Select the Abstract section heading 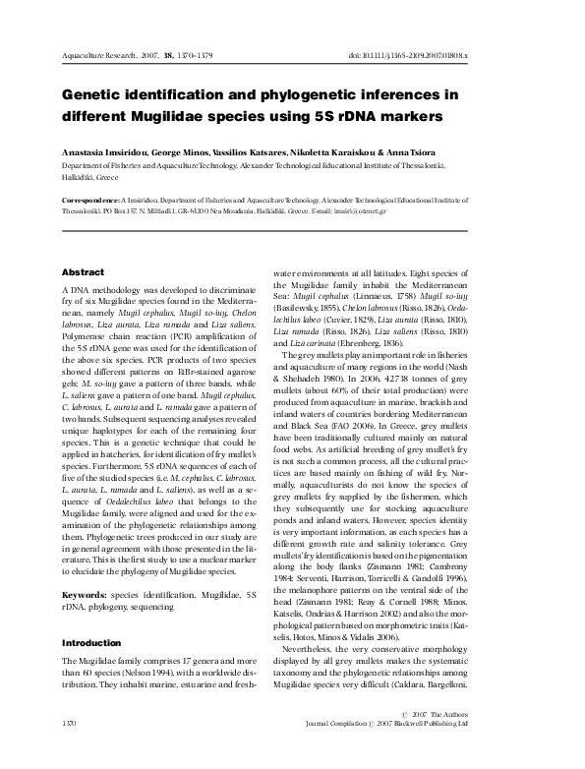(83, 270)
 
